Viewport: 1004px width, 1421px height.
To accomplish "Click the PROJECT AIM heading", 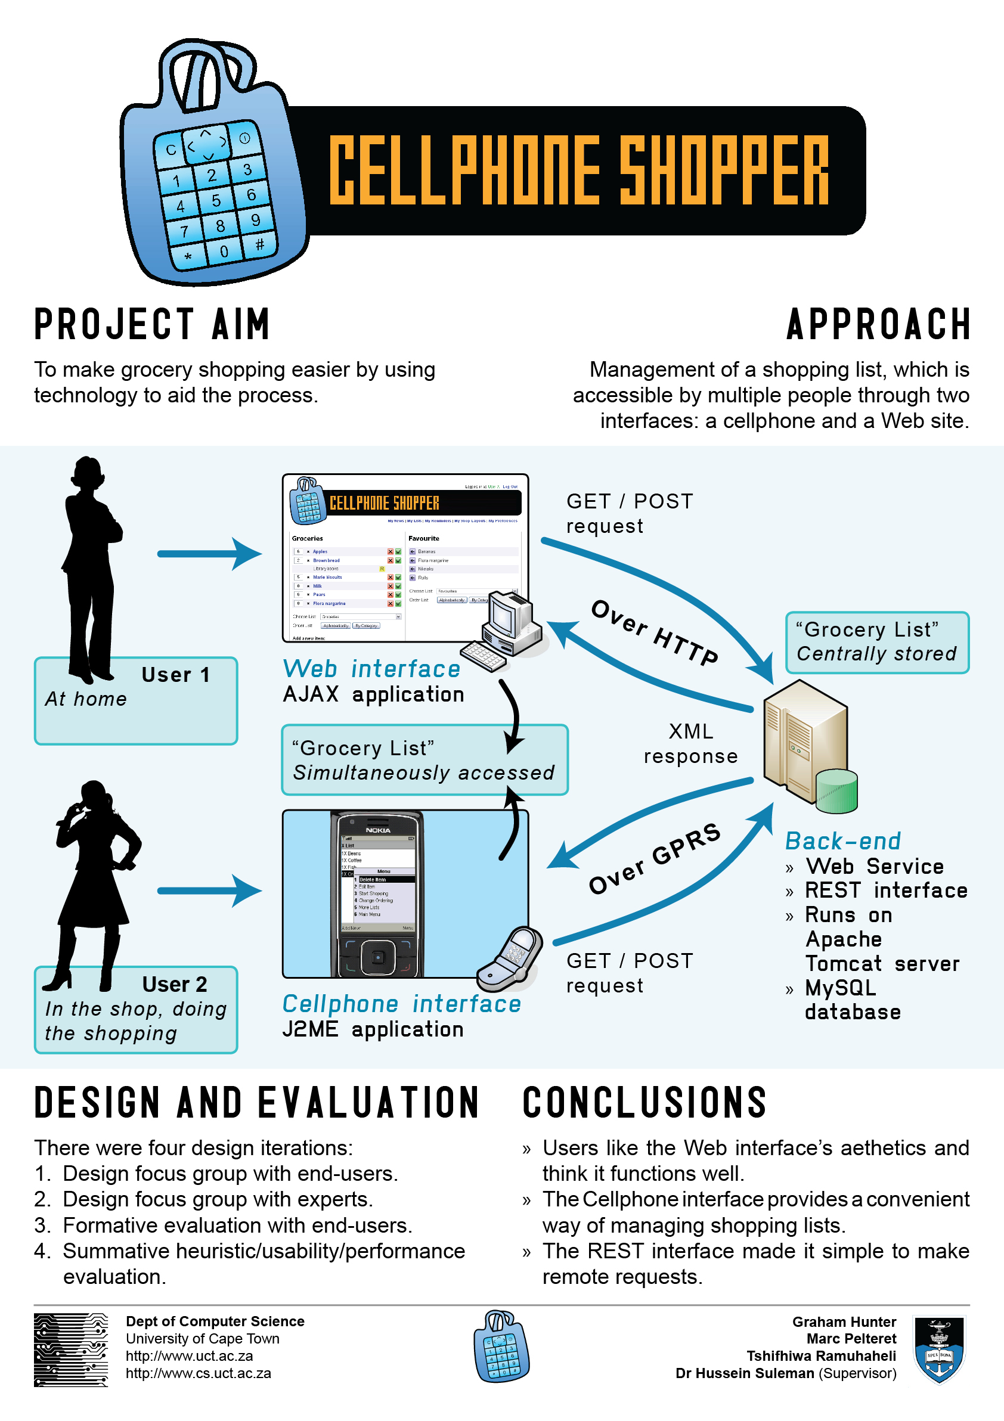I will tap(151, 324).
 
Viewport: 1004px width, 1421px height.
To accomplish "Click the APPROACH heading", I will tap(878, 324).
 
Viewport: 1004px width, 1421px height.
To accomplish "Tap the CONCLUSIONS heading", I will tap(644, 1102).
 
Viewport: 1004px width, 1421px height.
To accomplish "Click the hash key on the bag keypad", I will tap(259, 244).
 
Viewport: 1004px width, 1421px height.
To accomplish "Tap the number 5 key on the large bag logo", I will tap(216, 200).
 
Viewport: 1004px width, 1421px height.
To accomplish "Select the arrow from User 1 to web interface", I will tap(209, 553).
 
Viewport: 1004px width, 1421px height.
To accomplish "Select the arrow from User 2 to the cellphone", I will tap(209, 891).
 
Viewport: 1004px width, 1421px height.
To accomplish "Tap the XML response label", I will tap(691, 743).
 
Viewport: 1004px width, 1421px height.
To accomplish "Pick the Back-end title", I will tap(842, 841).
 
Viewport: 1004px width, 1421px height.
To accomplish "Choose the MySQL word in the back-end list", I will tap(840, 988).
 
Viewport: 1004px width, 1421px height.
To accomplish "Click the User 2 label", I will tap(175, 984).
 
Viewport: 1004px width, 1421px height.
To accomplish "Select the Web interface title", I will tap(371, 669).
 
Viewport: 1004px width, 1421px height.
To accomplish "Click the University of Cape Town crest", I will tap(940, 1349).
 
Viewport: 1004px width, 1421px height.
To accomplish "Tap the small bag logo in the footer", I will tap(501, 1346).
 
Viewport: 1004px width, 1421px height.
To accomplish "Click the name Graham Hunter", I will tap(844, 1322).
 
